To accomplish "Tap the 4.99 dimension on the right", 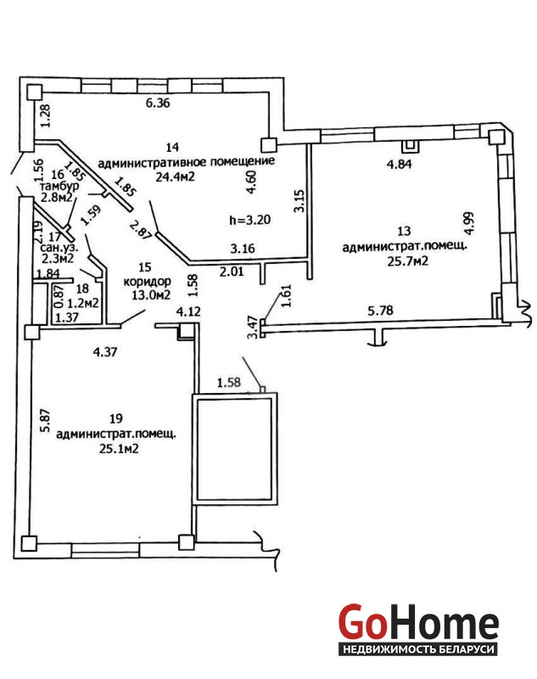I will coord(468,222).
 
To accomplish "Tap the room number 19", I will coord(116,418).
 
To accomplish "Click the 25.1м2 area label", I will coord(119,450).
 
